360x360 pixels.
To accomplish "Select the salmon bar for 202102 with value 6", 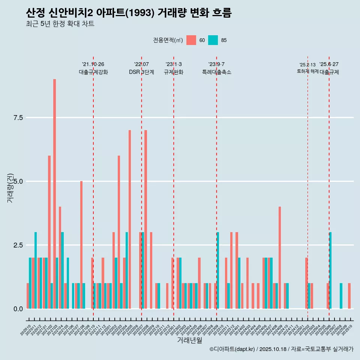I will click(x=49, y=232).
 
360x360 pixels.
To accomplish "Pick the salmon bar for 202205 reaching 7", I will click(x=130, y=219).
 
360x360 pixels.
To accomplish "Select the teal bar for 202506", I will click(x=330, y=270).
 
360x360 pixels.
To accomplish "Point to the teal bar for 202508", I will click(x=341, y=296).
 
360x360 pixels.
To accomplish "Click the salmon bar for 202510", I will click(x=349, y=296).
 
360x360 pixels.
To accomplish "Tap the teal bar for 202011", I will click(x=36, y=270).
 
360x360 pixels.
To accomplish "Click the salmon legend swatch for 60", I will click(x=191, y=40).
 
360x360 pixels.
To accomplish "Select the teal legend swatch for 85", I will click(x=213, y=40).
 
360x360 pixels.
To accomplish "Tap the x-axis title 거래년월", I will click(x=189, y=340).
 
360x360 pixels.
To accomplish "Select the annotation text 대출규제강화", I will click(x=93, y=72).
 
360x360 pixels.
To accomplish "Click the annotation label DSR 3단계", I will click(x=141, y=72).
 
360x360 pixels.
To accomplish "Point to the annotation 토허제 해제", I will click(x=307, y=71).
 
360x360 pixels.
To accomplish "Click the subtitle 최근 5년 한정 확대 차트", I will click(x=60, y=24).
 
